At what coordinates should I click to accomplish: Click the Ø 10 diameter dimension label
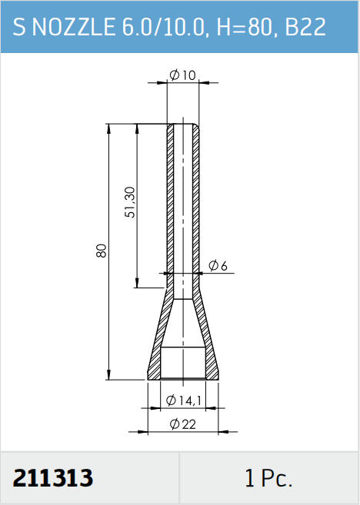click(x=182, y=75)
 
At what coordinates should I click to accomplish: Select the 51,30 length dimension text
click(x=131, y=202)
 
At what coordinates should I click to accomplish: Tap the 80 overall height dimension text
click(x=102, y=251)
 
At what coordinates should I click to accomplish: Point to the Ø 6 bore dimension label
click(x=218, y=266)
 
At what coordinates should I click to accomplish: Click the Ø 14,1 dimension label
click(x=184, y=400)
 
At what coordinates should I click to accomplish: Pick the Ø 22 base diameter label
click(x=183, y=424)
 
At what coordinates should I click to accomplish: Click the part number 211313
click(x=53, y=477)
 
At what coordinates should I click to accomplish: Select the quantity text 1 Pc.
click(x=268, y=478)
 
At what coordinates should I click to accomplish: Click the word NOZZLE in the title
click(x=74, y=26)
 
